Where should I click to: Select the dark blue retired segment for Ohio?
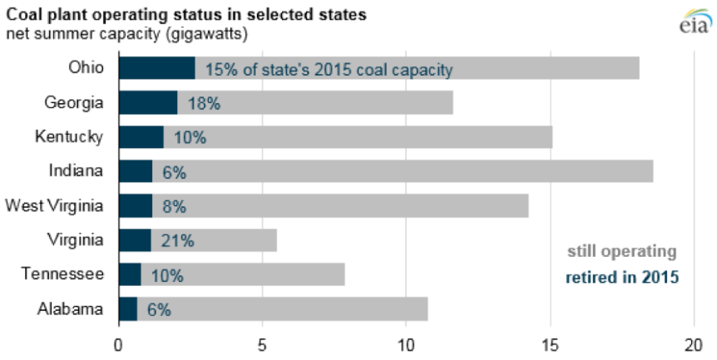(x=156, y=68)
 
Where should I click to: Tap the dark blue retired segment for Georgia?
(x=147, y=103)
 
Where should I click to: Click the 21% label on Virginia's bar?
(x=177, y=241)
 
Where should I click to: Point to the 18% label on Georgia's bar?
(x=204, y=103)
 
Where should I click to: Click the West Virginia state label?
(x=55, y=205)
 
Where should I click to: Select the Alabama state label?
(x=71, y=309)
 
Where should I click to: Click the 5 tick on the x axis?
(x=262, y=343)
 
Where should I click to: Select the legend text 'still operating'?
(x=622, y=251)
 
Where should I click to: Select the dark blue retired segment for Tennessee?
(x=130, y=275)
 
